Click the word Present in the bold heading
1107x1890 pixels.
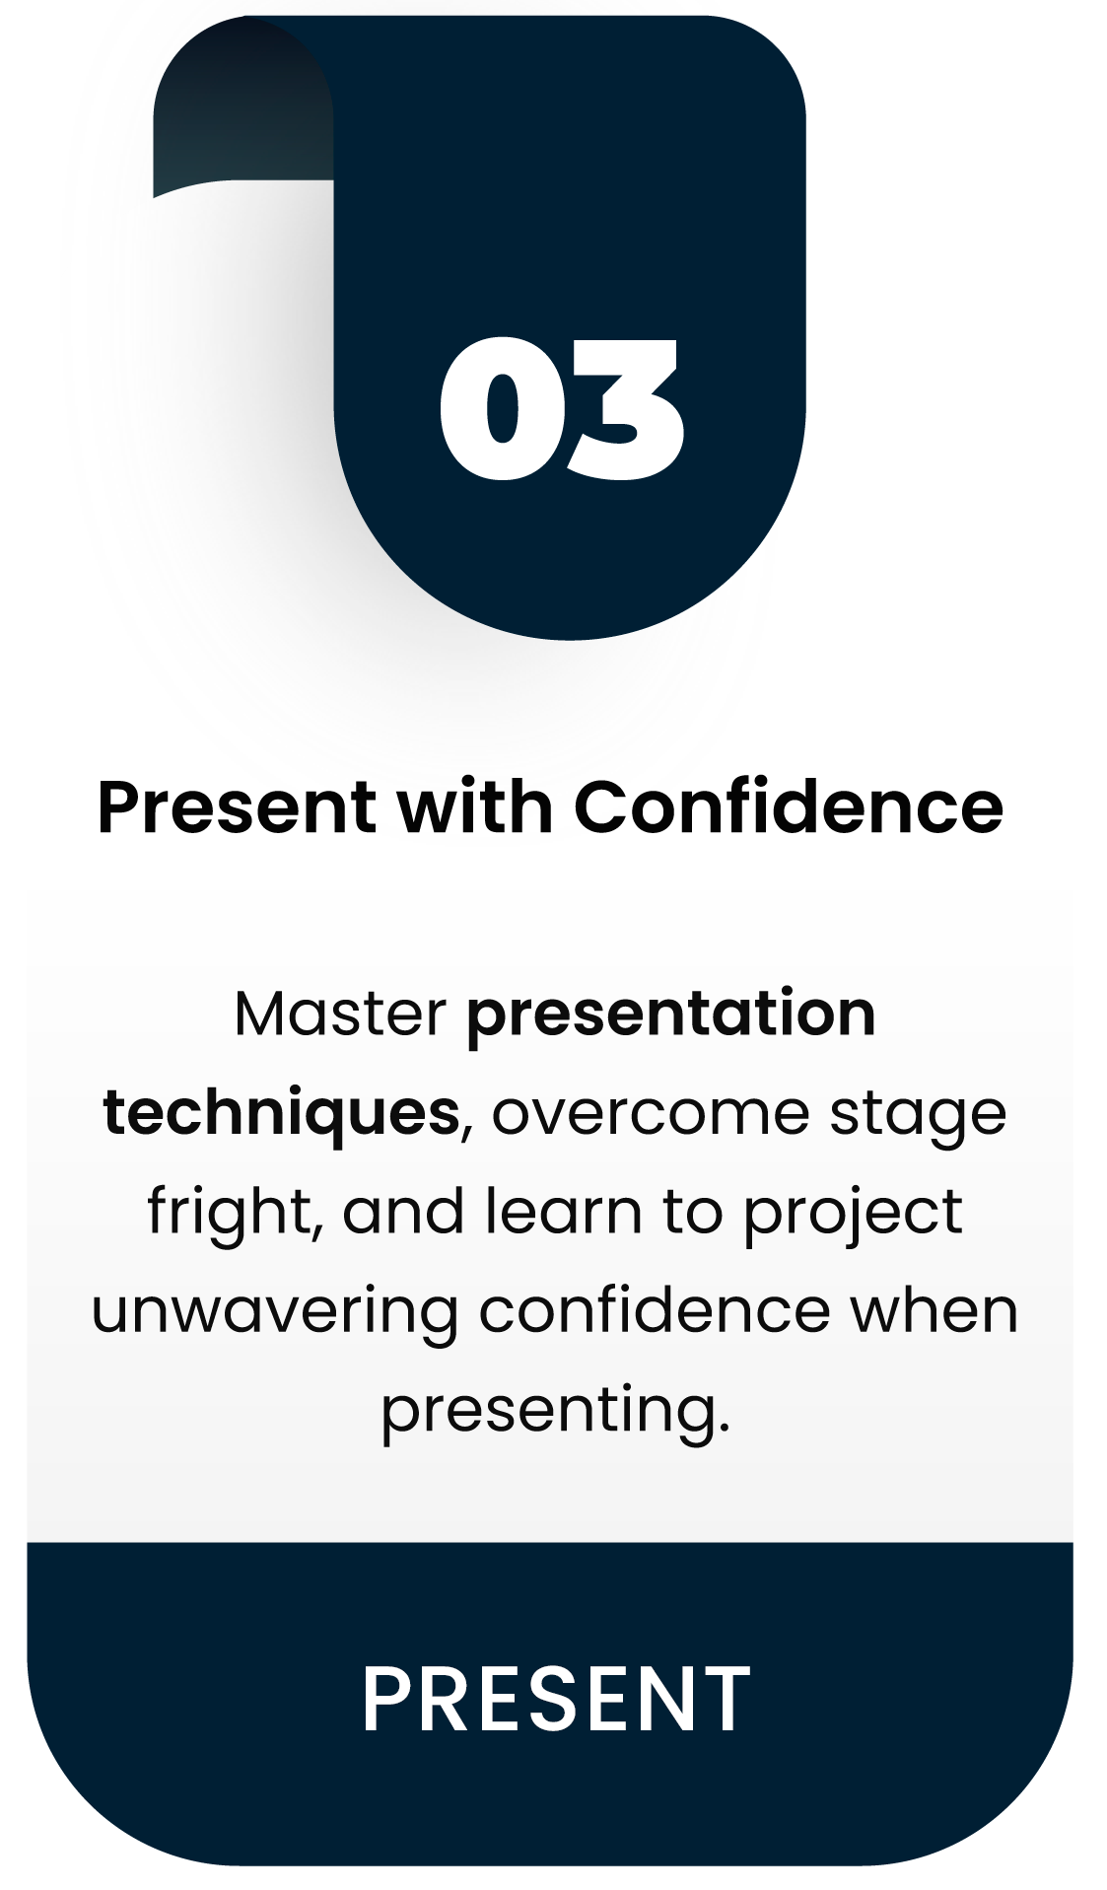point(238,807)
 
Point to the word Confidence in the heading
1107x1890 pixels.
point(789,806)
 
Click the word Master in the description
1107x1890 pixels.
point(340,1014)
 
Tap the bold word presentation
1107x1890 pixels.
point(671,1015)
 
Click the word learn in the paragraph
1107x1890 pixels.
point(563,1211)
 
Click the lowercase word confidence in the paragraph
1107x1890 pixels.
point(655,1310)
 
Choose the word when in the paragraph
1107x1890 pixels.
point(934,1310)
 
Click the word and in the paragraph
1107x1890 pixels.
point(403,1211)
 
